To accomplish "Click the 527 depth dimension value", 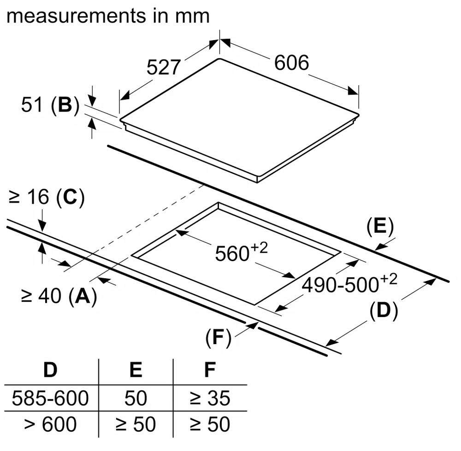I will (163, 67).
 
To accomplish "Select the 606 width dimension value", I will (291, 63).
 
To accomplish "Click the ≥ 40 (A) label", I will (59, 296).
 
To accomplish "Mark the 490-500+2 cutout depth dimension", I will (349, 284).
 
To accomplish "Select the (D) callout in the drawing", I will (384, 311).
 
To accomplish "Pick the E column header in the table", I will (136, 370).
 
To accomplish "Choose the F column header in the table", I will (210, 370).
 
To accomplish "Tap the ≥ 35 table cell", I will (210, 398).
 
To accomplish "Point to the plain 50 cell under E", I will (136, 398).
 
